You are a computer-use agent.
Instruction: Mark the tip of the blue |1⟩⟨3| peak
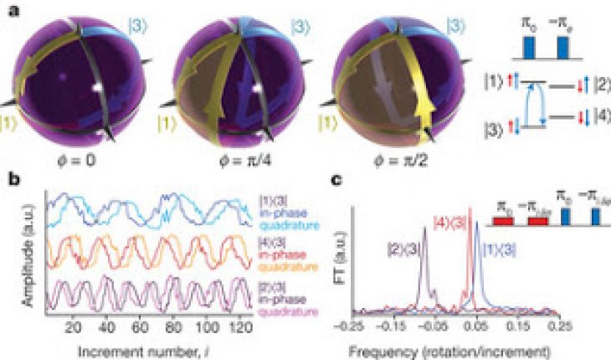click(477, 235)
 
